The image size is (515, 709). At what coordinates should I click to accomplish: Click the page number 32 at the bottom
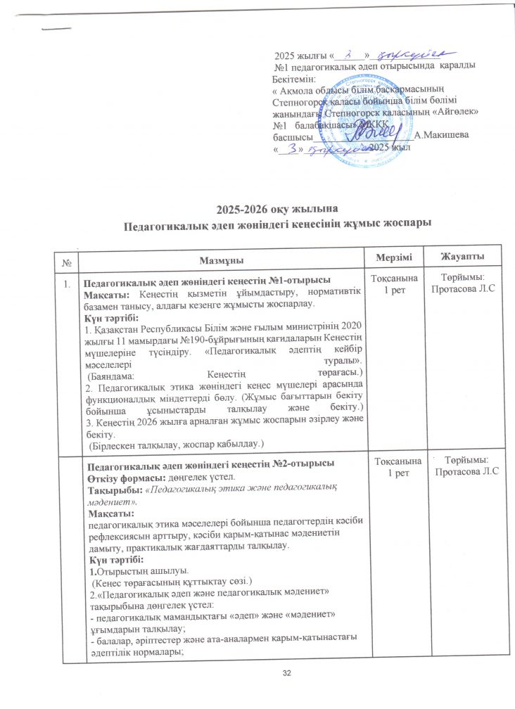pos(286,675)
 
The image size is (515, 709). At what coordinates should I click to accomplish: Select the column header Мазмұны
pos(218,254)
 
